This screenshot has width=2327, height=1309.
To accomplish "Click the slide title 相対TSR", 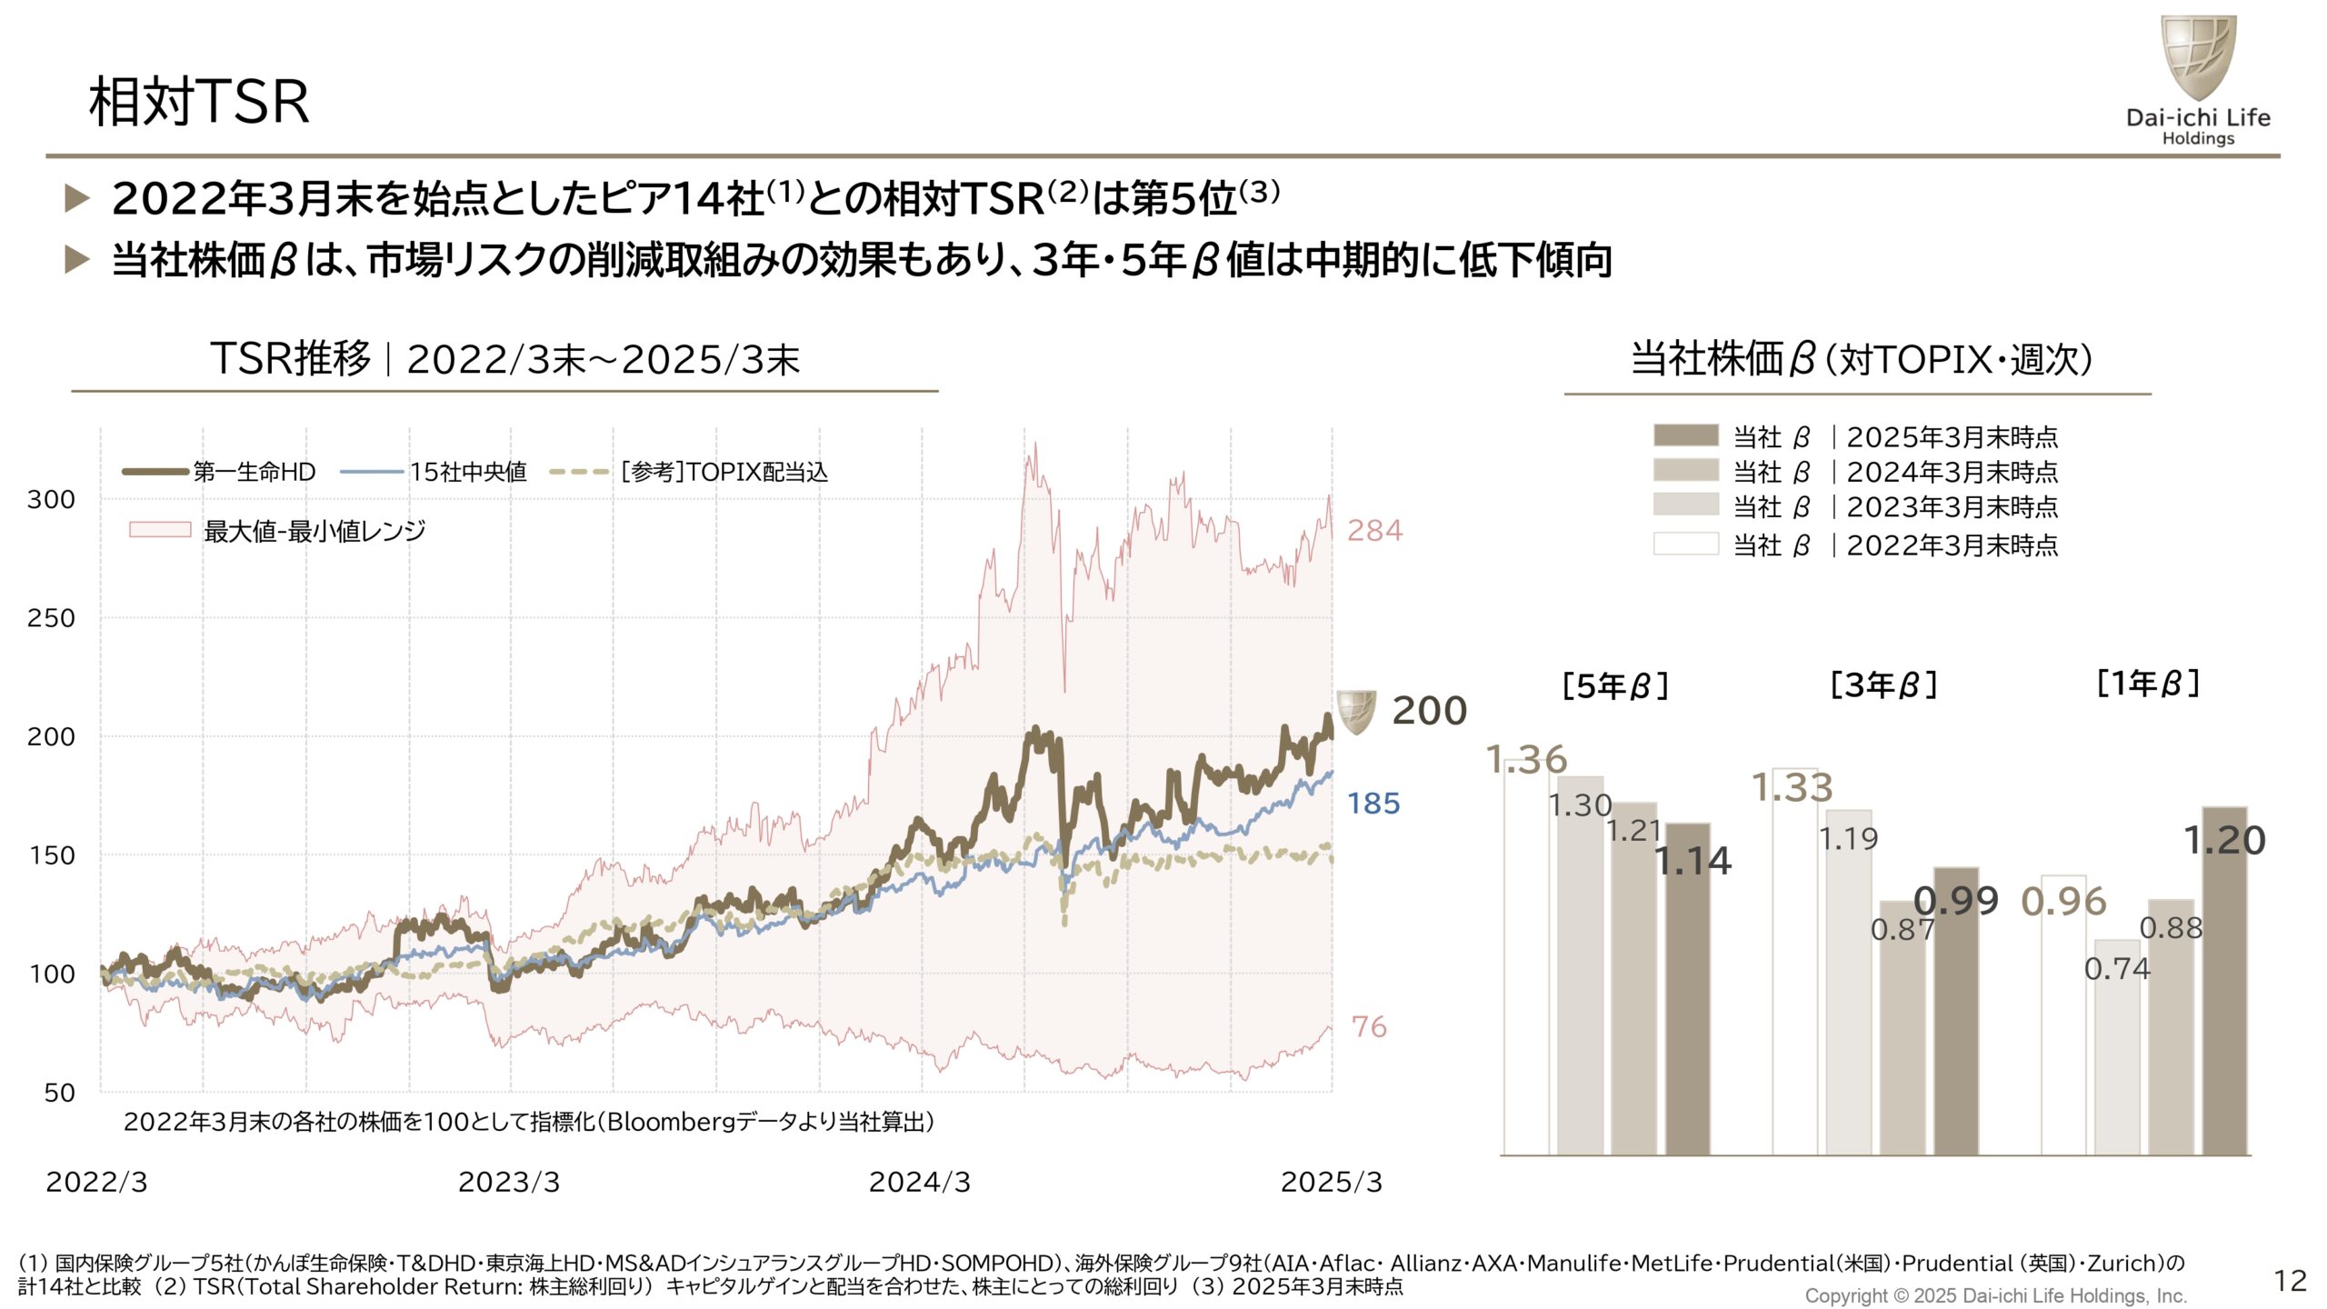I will point(199,101).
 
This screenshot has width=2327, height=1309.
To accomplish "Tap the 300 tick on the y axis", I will point(51,499).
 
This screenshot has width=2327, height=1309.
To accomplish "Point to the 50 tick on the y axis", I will point(60,1093).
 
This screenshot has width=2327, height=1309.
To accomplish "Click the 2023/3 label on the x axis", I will point(509,1182).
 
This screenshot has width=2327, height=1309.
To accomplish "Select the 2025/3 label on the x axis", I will point(1331,1182).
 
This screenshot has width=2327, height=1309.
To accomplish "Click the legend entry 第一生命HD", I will point(254,472).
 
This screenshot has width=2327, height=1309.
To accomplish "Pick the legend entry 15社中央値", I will point(467,472).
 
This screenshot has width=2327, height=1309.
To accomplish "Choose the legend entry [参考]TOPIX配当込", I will point(724,472).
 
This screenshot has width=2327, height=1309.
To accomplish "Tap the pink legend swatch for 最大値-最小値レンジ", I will point(160,530).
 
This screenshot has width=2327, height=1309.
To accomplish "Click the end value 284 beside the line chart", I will point(1374,530).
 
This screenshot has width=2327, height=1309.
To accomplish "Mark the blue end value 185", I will point(1373,804).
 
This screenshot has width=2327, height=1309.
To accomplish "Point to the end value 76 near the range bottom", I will point(1369,1027).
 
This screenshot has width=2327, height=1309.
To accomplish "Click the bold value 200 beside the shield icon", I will point(1429,711).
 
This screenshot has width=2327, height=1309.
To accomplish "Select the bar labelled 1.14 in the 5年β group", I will point(1688,991).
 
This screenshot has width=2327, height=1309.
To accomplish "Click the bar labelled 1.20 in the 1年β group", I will point(2224,982).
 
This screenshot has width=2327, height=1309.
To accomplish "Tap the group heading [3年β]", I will point(1883,684).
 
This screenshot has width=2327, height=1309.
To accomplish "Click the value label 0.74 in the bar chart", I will point(2117,969).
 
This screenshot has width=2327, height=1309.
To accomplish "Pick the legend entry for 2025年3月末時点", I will point(1951,437).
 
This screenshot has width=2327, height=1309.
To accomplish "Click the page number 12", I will point(2290,1281).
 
